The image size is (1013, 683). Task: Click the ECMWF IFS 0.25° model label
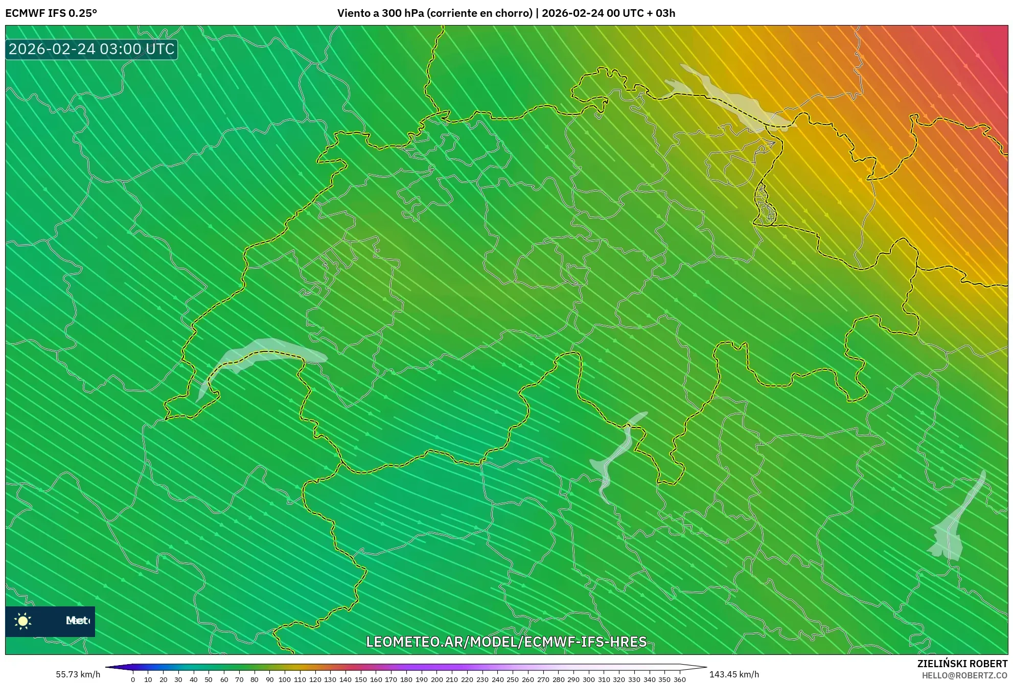tap(51, 13)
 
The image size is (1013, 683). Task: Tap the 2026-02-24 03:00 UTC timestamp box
tap(91, 50)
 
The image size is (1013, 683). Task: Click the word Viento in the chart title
tap(354, 13)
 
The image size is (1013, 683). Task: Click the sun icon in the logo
tap(23, 621)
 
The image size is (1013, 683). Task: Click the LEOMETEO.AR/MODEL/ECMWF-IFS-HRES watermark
tap(506, 642)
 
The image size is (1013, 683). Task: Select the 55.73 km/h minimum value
tap(78, 674)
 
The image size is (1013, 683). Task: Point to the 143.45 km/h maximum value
tap(734, 674)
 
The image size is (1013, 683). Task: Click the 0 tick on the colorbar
tap(133, 679)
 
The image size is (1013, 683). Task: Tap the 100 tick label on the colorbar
tap(285, 679)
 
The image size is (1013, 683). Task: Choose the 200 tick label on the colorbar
tap(436, 679)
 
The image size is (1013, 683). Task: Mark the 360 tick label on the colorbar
tap(679, 679)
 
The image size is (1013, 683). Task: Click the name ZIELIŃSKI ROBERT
tap(962, 664)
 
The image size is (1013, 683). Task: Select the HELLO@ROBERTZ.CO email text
tap(964, 675)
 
